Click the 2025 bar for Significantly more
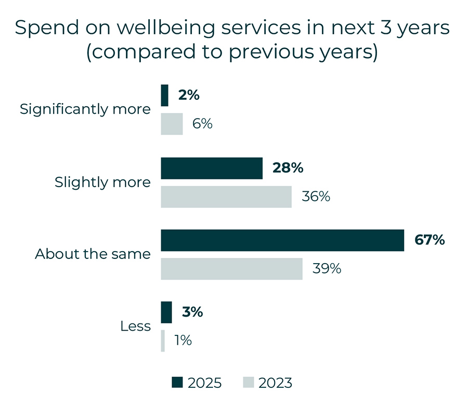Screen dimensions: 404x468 click(x=165, y=96)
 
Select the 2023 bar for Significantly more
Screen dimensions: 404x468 click(x=172, y=124)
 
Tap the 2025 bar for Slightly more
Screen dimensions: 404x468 click(x=212, y=168)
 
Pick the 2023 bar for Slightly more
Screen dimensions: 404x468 click(x=226, y=197)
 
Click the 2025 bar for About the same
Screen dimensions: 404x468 click(x=282, y=240)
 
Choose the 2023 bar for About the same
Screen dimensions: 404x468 click(x=231, y=269)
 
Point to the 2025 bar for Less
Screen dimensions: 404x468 click(x=166, y=312)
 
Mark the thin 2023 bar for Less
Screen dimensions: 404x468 click(x=163, y=341)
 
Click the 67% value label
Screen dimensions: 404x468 click(x=430, y=240)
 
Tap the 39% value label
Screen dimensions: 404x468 click(x=327, y=269)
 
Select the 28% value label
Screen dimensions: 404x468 click(x=288, y=168)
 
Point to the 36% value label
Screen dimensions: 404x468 click(x=316, y=197)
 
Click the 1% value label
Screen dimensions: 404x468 click(x=183, y=341)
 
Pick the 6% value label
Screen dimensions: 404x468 click(x=202, y=124)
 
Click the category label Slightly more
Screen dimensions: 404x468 click(x=102, y=183)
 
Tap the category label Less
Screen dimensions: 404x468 click(x=135, y=327)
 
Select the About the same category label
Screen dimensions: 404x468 click(x=93, y=254)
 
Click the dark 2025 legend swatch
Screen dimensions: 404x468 click(x=177, y=383)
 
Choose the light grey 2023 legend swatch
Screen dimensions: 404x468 click(x=248, y=383)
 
